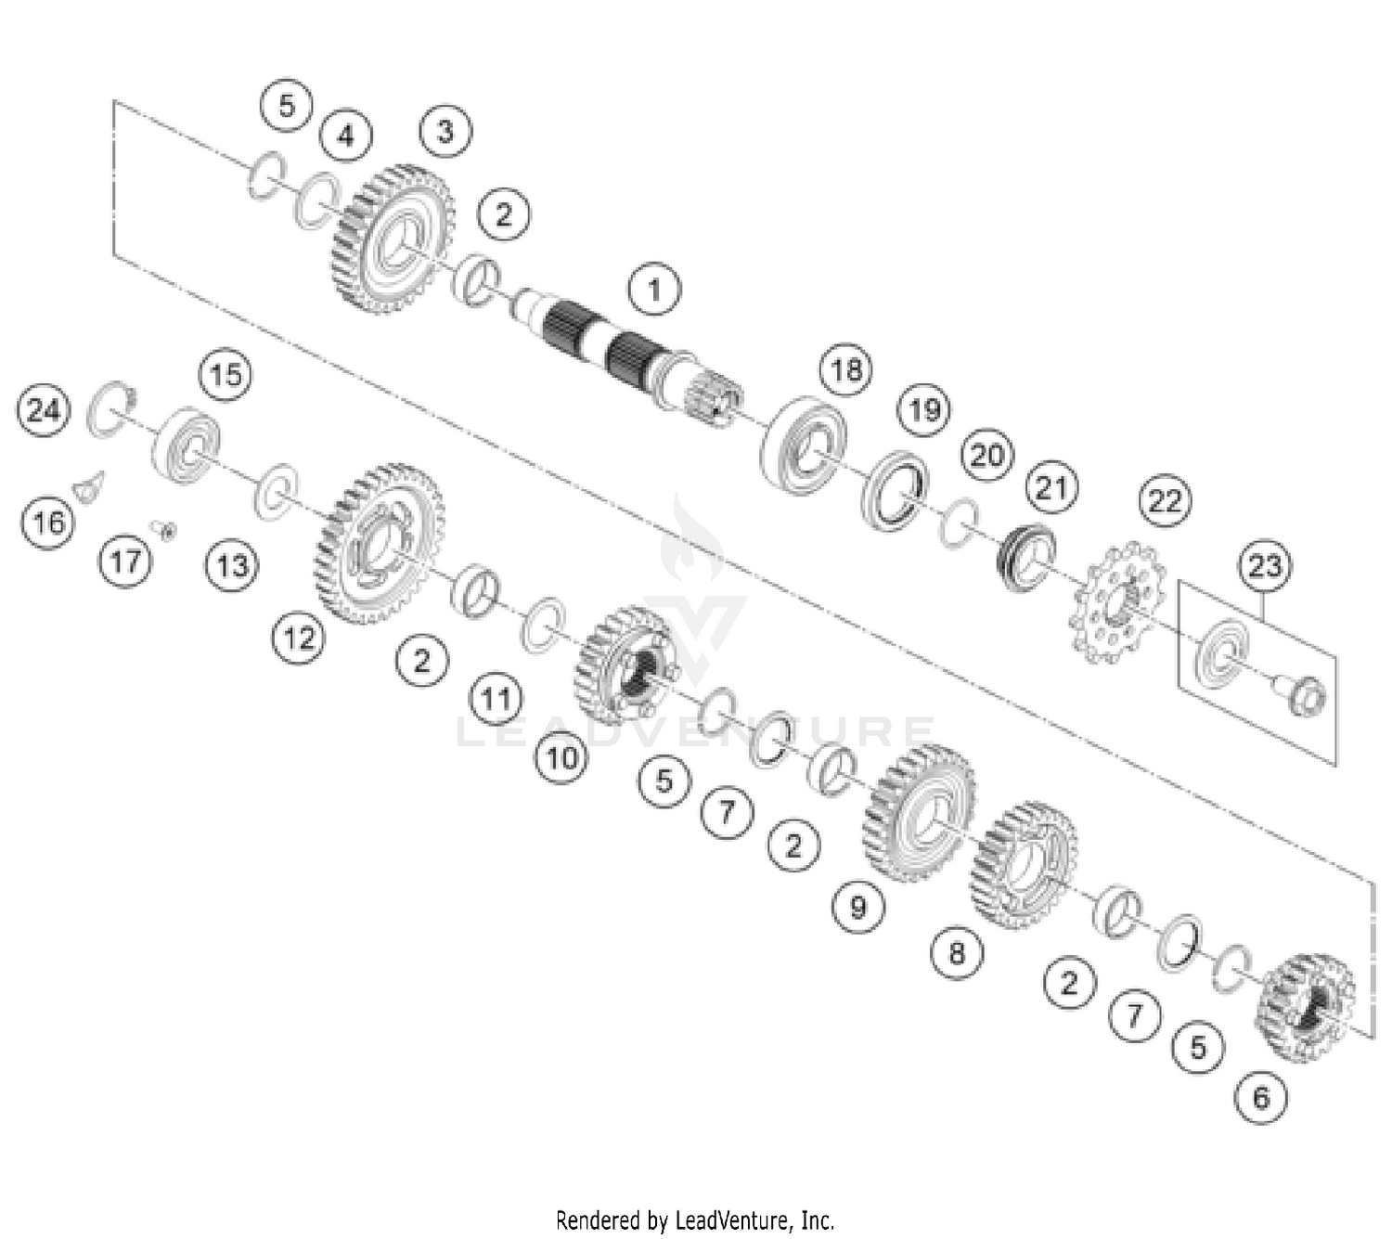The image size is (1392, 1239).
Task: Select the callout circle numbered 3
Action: [445, 131]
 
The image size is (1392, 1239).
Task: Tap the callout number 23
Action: [1265, 565]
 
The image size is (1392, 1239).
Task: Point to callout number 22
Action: [1165, 501]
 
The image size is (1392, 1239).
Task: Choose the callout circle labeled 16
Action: [48, 522]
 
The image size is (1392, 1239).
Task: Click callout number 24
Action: [45, 409]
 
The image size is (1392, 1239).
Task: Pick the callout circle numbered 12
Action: [299, 638]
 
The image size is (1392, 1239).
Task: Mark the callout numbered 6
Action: [1261, 1097]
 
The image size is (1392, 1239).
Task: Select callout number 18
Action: [845, 370]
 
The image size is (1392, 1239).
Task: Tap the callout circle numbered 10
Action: [561, 758]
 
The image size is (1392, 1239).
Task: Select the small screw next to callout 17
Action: [168, 530]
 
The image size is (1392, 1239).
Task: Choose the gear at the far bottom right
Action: [1304, 1007]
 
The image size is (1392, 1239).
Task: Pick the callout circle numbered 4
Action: [345, 136]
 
